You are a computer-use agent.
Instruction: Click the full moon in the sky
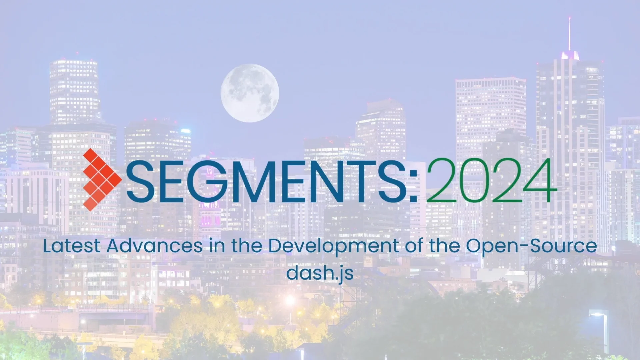point(250,93)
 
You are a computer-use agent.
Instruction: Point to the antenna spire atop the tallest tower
point(569,33)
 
